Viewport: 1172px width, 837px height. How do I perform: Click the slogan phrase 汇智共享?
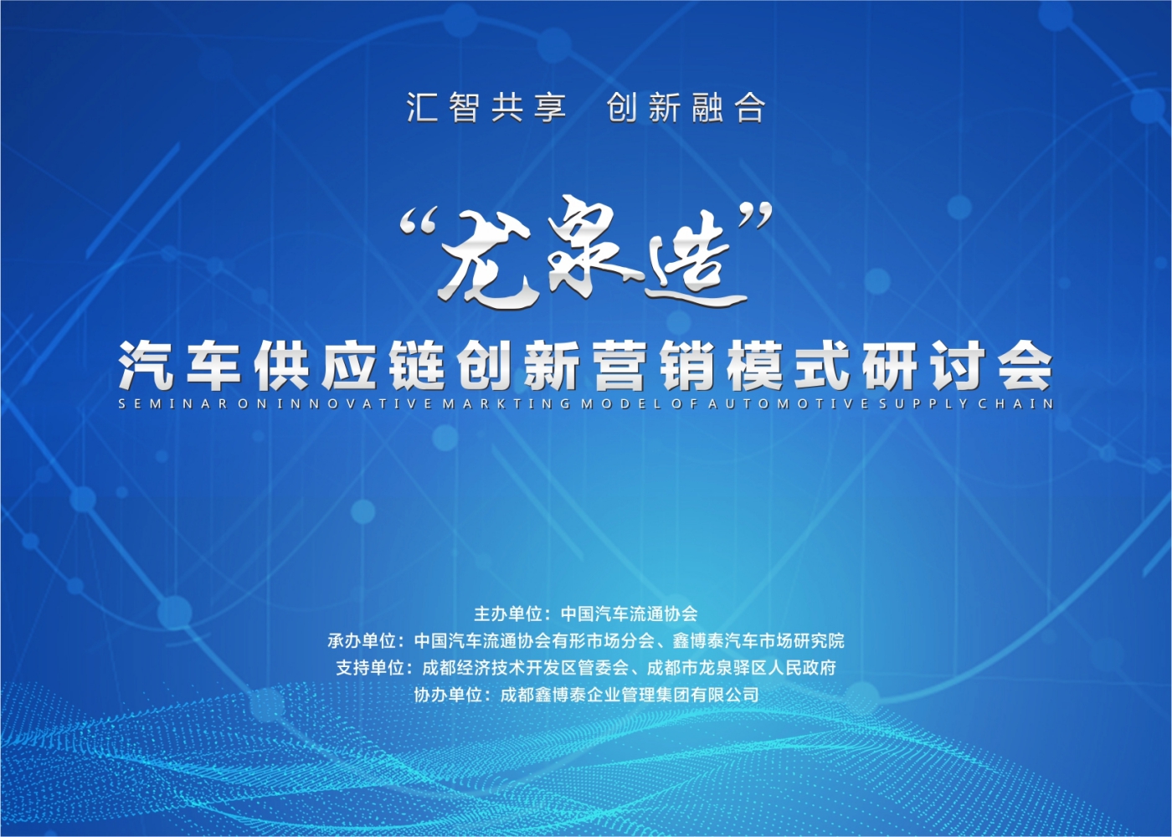pyautogui.click(x=486, y=108)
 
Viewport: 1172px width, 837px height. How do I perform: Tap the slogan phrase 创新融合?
pyautogui.click(x=686, y=108)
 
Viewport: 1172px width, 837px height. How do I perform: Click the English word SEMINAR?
pyautogui.click(x=173, y=404)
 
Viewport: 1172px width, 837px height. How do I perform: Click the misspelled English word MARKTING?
pyautogui.click(x=506, y=404)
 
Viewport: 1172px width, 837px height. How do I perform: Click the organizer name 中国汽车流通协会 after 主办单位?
pyautogui.click(x=629, y=614)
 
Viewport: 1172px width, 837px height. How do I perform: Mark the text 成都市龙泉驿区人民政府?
pyautogui.click(x=742, y=668)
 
